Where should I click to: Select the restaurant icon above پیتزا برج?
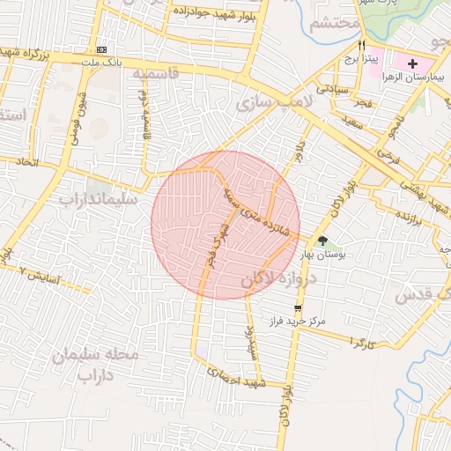coord(361,46)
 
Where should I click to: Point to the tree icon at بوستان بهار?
coord(322,240)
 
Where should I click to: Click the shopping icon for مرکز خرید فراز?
coord(297,308)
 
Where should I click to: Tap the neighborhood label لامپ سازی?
coord(268,105)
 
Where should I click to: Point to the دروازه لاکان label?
coord(272,279)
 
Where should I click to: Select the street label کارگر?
coord(361,339)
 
